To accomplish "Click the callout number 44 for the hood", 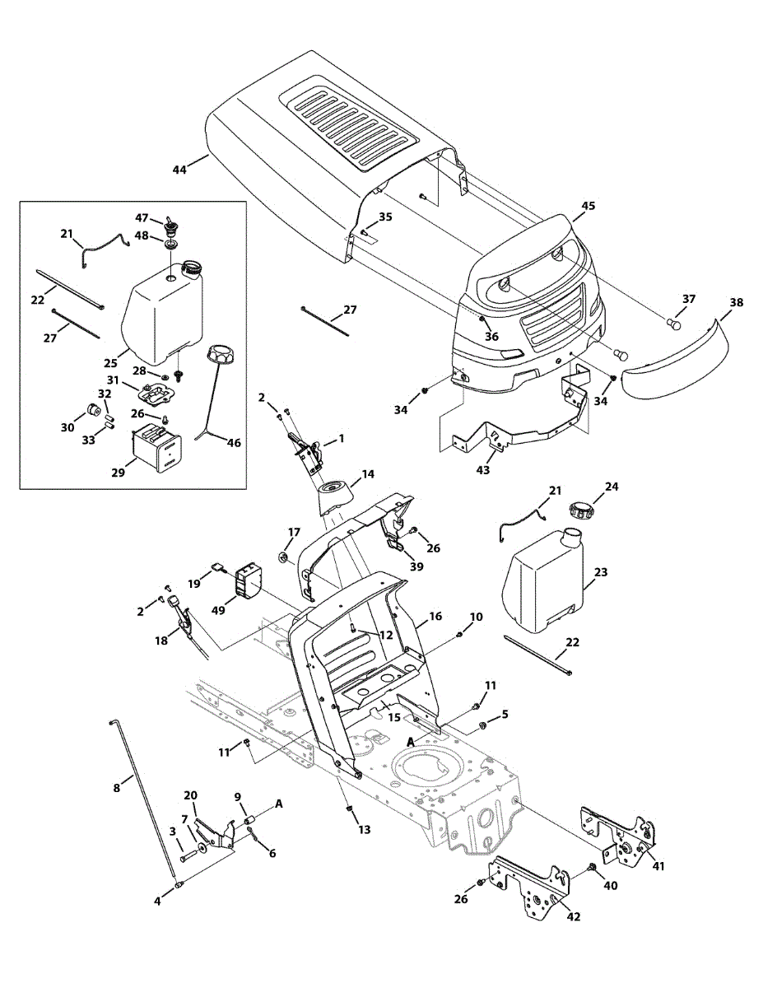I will coord(179,170).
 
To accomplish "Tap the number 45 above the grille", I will coord(588,206).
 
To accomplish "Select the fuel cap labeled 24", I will coord(583,510).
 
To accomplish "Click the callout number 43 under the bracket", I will coord(482,470).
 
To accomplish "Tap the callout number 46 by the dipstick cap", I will coord(235,443).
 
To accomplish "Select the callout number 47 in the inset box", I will coord(142,217).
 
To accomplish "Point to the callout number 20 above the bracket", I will coord(191,795).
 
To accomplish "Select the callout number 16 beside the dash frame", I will coord(435,616).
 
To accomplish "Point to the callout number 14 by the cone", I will coord(367,474).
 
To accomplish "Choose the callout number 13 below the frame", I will coord(364,830).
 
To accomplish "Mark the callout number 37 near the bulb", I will coord(688,299).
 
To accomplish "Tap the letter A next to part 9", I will coord(278,803).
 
